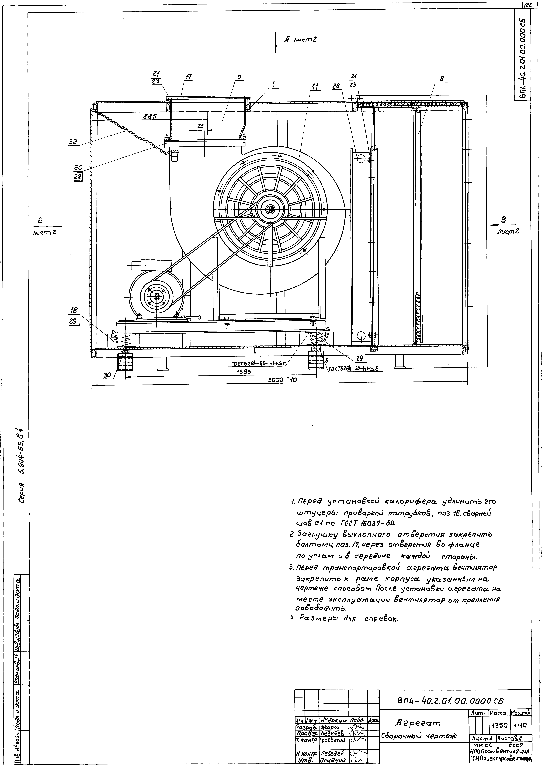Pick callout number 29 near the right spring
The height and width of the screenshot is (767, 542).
point(360,358)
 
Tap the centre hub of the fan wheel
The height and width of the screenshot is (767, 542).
point(269,209)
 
